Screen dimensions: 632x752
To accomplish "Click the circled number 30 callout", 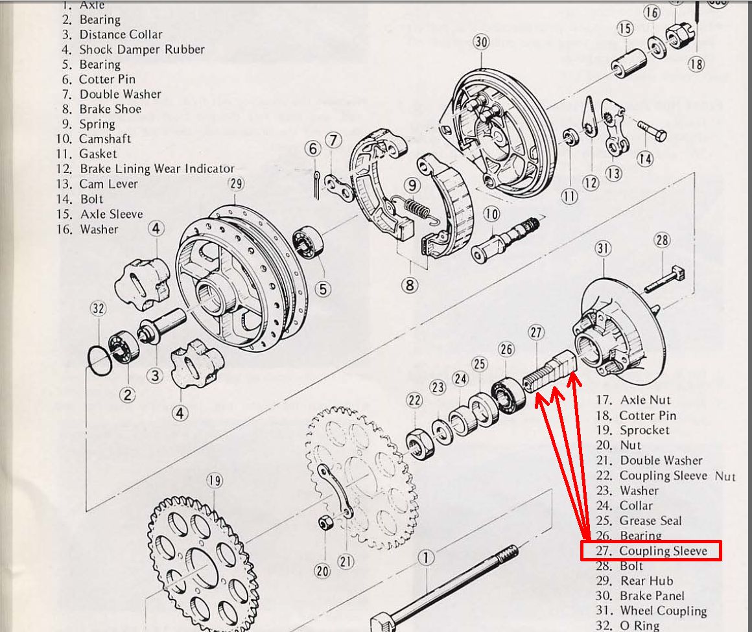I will (480, 43).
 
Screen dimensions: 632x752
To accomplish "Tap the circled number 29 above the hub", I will (236, 183).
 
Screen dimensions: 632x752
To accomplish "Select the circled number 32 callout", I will (98, 309).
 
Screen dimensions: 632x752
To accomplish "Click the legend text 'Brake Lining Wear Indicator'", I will (156, 169).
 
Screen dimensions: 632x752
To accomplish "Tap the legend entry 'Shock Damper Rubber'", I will (141, 49).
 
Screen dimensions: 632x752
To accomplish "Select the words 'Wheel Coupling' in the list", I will (663, 611).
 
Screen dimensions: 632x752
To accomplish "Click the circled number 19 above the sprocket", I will (215, 480).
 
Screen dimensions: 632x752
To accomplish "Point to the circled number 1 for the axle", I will (425, 557).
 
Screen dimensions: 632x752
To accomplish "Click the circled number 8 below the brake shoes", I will (409, 284).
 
